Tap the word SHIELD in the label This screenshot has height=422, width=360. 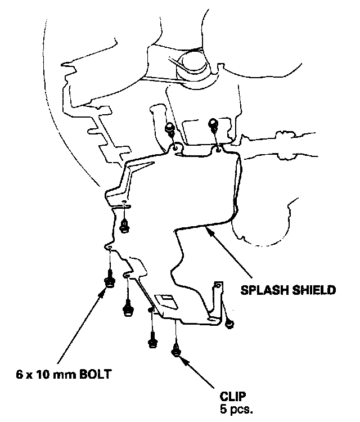tap(315, 291)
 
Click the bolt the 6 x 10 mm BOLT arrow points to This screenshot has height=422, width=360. tap(109, 280)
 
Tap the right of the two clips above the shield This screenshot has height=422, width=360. tap(213, 124)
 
